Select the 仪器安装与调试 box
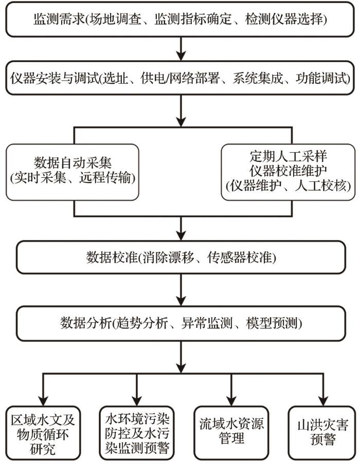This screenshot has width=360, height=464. [180, 79]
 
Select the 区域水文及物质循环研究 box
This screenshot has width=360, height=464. [44, 431]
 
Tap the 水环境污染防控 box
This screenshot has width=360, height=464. [137, 431]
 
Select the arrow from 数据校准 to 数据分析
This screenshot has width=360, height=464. [180, 291]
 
